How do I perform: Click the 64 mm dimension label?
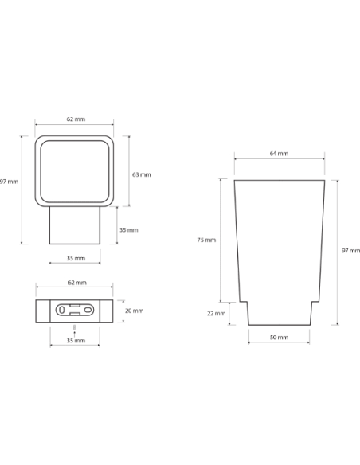(x=279, y=154)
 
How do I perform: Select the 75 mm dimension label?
(x=206, y=240)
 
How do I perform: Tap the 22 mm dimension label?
(x=216, y=313)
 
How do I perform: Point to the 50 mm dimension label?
(x=279, y=337)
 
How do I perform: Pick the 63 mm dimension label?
(x=142, y=174)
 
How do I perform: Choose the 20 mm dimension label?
(x=134, y=311)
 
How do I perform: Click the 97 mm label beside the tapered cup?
(x=350, y=251)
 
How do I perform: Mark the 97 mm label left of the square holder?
(x=10, y=182)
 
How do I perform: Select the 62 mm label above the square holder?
(x=76, y=119)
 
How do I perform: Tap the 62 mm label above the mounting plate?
(x=77, y=283)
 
